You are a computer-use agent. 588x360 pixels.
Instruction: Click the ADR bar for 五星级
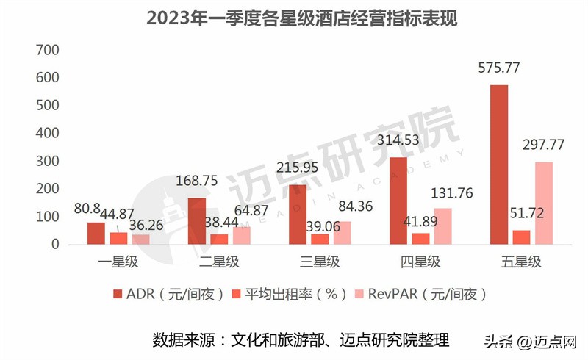[x=498, y=165]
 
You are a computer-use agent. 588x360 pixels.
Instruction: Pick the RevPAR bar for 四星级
[x=442, y=226]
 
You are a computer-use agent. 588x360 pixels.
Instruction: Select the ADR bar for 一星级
[x=96, y=233]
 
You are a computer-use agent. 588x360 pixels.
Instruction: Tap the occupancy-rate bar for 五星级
[x=521, y=237]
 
